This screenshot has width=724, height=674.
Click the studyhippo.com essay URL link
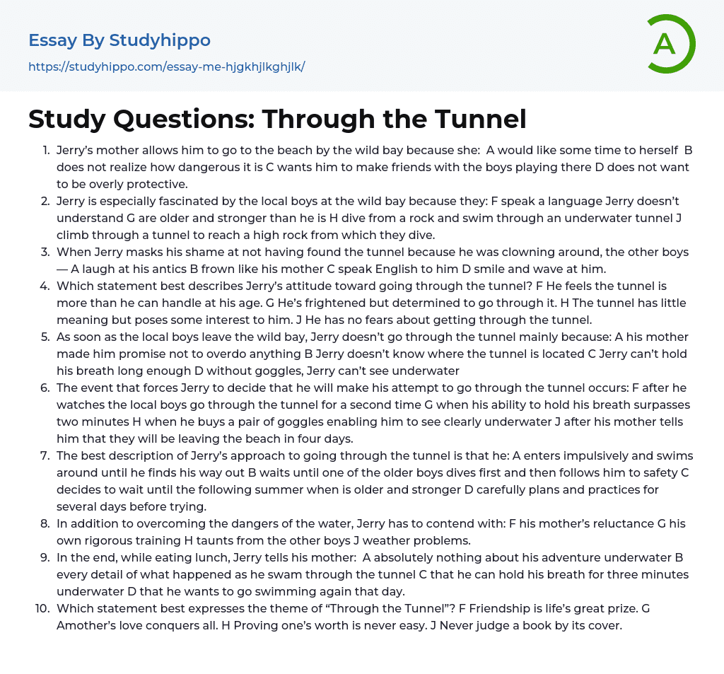point(166,66)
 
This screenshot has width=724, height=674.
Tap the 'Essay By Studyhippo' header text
point(119,40)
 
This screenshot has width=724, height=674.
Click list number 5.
point(45,337)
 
